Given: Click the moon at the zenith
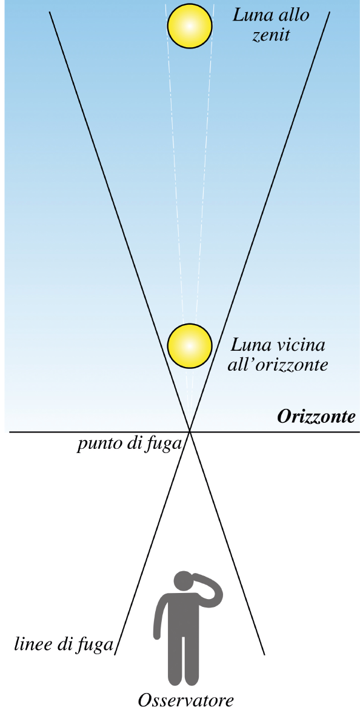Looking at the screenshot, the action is [x=190, y=25].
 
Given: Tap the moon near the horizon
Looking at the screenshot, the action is [x=190, y=346].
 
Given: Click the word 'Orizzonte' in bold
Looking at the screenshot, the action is [x=316, y=418].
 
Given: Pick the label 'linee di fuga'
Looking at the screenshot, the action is [x=63, y=644].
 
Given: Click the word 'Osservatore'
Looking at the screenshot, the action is [x=186, y=701].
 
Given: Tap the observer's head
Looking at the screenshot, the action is [x=184, y=581].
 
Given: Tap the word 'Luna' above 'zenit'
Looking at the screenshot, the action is [x=252, y=16].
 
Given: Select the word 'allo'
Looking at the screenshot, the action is [x=293, y=16].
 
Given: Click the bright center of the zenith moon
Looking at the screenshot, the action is [x=190, y=25].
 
